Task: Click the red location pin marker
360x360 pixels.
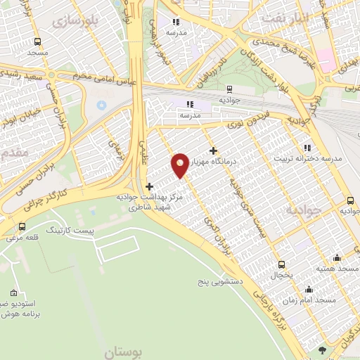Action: [x=181, y=165]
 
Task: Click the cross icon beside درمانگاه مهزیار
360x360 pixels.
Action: [x=213, y=150]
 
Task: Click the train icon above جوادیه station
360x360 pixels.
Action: [x=230, y=89]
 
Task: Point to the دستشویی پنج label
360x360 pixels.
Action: [x=219, y=281]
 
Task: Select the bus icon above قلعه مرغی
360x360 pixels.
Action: [x=22, y=226]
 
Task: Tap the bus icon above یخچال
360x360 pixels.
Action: [x=282, y=265]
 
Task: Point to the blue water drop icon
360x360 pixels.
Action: [x=101, y=104]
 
